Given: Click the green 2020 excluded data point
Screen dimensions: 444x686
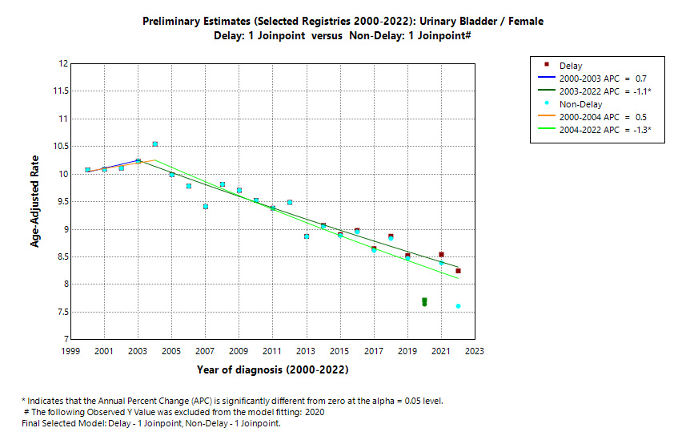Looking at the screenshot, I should (x=424, y=301).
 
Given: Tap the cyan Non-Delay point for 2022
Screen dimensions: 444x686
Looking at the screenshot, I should (x=458, y=306).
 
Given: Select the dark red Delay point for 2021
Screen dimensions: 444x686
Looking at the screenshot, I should (x=441, y=255).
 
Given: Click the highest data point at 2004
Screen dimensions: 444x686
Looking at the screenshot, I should (x=154, y=144).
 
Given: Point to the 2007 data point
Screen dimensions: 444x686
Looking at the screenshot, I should (x=206, y=207).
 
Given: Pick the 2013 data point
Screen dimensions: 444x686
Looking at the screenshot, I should (x=307, y=236).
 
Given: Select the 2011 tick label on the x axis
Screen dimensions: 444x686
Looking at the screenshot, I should (x=272, y=351).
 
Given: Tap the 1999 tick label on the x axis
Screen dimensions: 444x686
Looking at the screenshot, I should (x=70, y=351).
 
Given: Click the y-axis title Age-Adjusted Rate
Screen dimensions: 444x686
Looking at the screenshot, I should (x=35, y=201).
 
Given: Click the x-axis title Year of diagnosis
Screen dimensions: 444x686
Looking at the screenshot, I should (x=273, y=370).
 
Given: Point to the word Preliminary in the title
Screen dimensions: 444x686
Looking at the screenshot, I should (x=170, y=22).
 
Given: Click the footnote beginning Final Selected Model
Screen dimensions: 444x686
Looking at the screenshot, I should (x=150, y=422).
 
